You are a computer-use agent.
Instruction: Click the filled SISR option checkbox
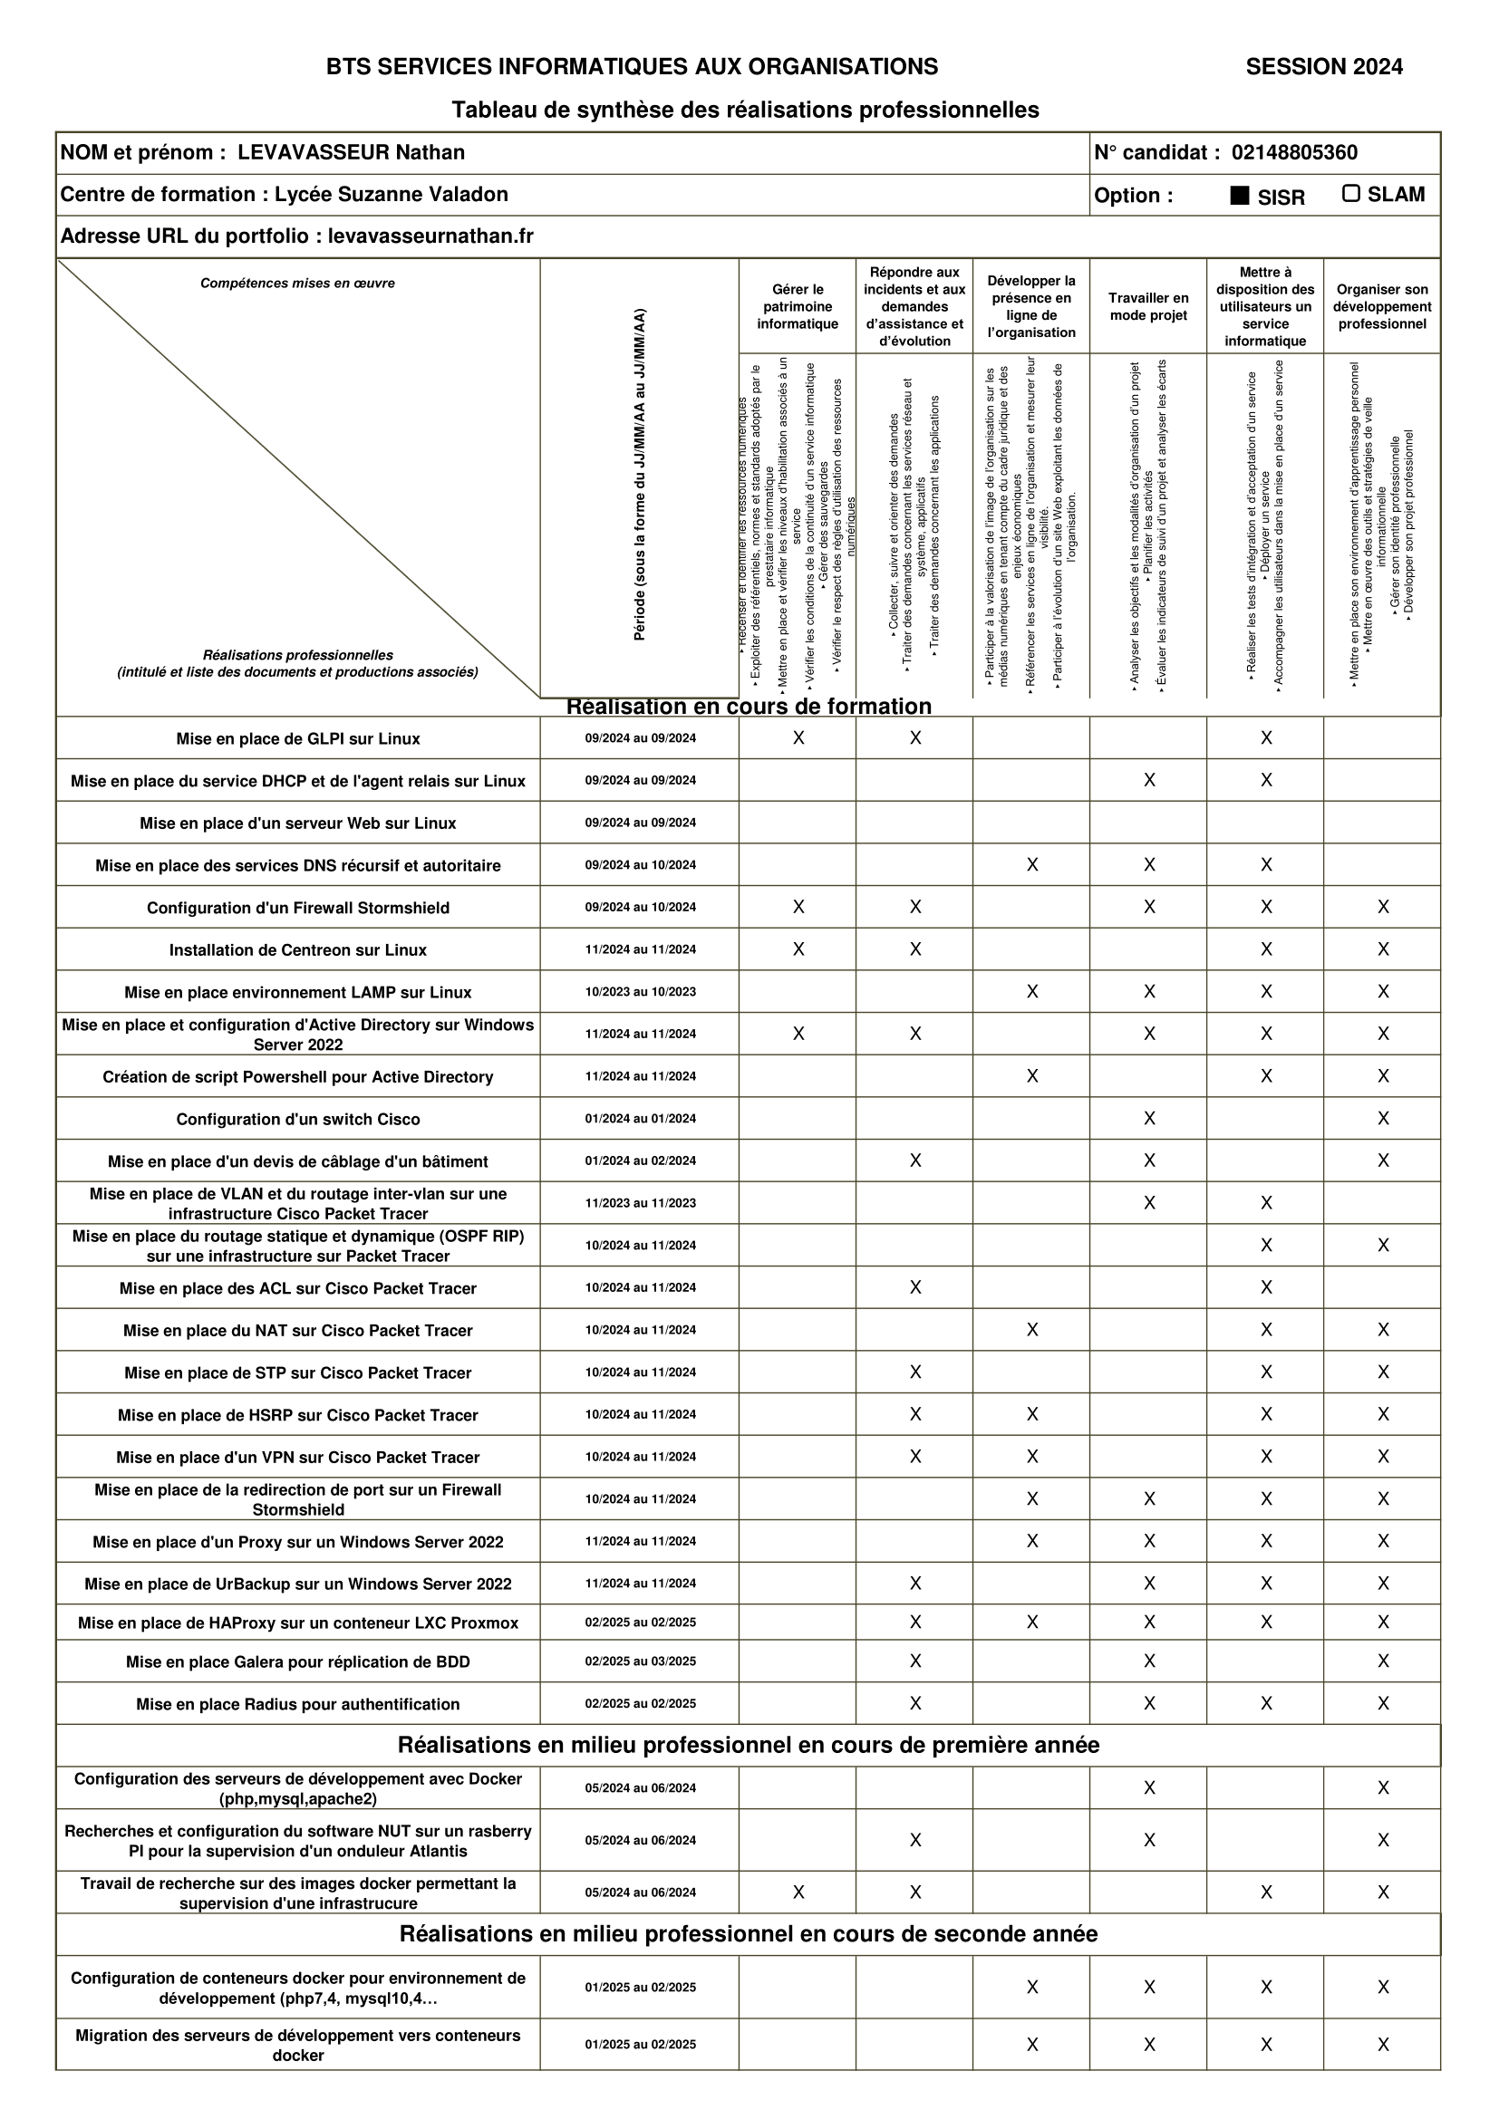coord(1240,196)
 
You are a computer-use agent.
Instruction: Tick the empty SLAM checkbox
coord(1351,194)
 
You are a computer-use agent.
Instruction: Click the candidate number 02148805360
coord(1294,152)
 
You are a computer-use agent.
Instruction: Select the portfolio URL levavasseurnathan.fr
coord(430,236)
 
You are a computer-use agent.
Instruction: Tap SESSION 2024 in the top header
coord(1323,66)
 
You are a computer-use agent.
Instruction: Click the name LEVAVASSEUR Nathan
coord(351,152)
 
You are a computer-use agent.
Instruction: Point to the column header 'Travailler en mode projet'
coord(1148,306)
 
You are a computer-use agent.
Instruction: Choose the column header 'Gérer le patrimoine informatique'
coord(798,306)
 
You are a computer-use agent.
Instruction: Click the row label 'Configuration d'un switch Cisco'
coord(298,1120)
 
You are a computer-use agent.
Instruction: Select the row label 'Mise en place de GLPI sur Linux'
coord(298,739)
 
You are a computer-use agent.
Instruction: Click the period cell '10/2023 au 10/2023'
coord(640,992)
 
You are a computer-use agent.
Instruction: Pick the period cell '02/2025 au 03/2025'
coord(640,1661)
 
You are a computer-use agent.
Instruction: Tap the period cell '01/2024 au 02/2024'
coord(640,1161)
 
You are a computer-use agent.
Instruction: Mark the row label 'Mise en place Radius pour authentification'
coord(298,1705)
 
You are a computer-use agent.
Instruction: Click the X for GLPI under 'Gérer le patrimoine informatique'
coord(798,738)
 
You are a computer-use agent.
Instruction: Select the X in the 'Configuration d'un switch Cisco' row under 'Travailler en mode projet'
coord(1149,1119)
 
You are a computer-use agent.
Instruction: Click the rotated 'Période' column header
coord(640,476)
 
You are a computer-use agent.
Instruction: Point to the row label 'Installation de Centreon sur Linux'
coord(298,950)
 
